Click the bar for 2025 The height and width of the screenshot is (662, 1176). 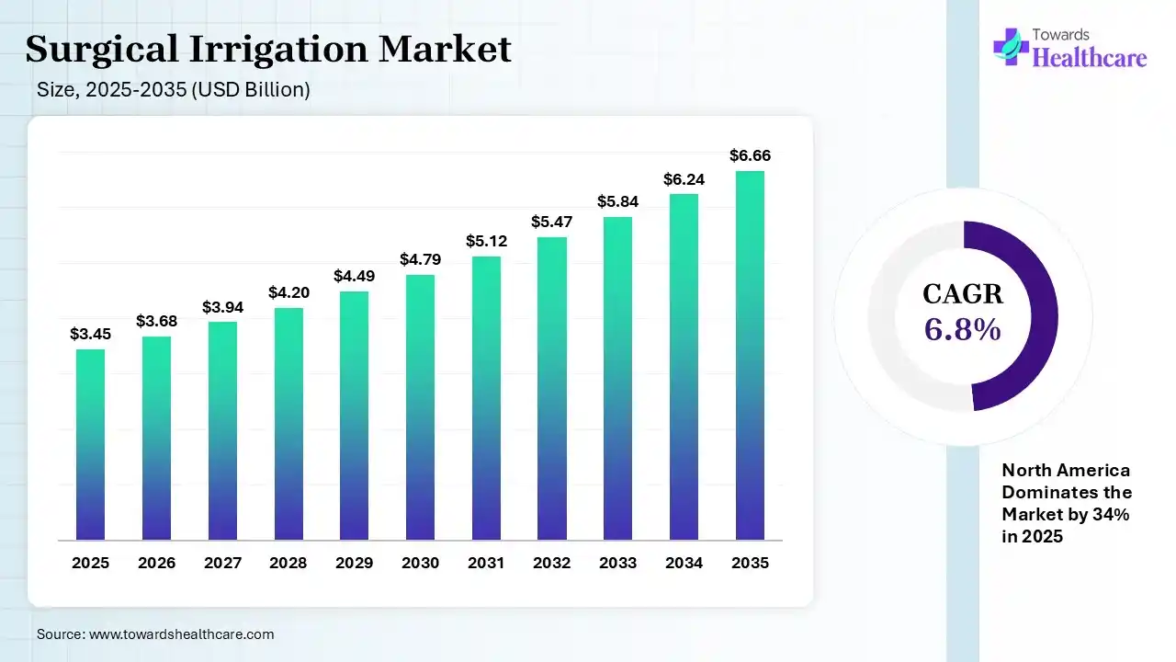pyautogui.click(x=90, y=444)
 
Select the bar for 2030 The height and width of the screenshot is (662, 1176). pyautogui.click(x=420, y=406)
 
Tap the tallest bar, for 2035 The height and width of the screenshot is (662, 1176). pyautogui.click(x=750, y=355)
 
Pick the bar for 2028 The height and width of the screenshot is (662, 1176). pyautogui.click(x=288, y=423)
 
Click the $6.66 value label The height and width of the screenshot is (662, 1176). pyautogui.click(x=750, y=156)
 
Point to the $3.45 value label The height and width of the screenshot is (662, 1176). pyautogui.click(x=90, y=335)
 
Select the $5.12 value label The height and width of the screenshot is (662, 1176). pyautogui.click(x=486, y=241)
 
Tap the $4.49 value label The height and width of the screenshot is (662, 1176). pyautogui.click(x=354, y=276)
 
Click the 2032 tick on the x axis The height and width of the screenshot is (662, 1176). pyautogui.click(x=552, y=563)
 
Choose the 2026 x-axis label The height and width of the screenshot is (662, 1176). pyautogui.click(x=156, y=563)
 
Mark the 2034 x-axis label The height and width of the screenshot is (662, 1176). pyautogui.click(x=684, y=563)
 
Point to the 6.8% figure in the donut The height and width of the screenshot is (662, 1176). pyautogui.click(x=962, y=329)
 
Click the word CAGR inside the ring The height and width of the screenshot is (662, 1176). pyautogui.click(x=962, y=295)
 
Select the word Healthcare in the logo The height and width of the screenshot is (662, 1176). pyautogui.click(x=1090, y=59)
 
